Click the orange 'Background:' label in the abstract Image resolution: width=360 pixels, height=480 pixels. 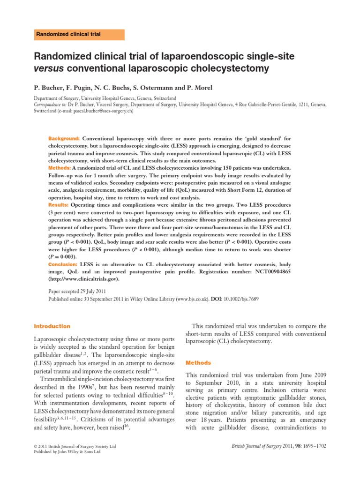(64, 139)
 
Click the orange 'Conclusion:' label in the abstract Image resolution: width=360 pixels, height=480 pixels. (63, 264)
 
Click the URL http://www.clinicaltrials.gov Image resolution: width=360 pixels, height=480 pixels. (84, 279)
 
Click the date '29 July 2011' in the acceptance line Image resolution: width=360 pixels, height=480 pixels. (89, 291)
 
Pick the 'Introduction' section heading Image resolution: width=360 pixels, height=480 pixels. (52, 326)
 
